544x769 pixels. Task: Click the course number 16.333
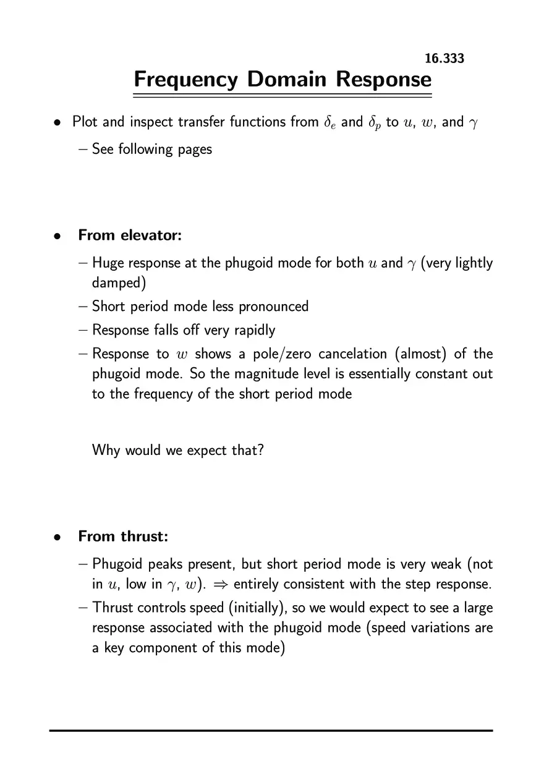[x=444, y=59]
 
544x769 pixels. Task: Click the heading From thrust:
[x=123, y=536]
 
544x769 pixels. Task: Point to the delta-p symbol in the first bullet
[x=375, y=122]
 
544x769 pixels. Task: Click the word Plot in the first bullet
[x=85, y=122]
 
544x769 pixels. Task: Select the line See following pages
[x=151, y=149]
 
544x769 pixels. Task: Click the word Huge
[x=108, y=263]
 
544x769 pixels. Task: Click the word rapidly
[x=254, y=330]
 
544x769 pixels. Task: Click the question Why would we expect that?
[x=178, y=449]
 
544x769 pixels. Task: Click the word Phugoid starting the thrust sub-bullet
[x=117, y=564]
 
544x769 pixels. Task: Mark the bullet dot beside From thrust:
[x=56, y=537]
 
